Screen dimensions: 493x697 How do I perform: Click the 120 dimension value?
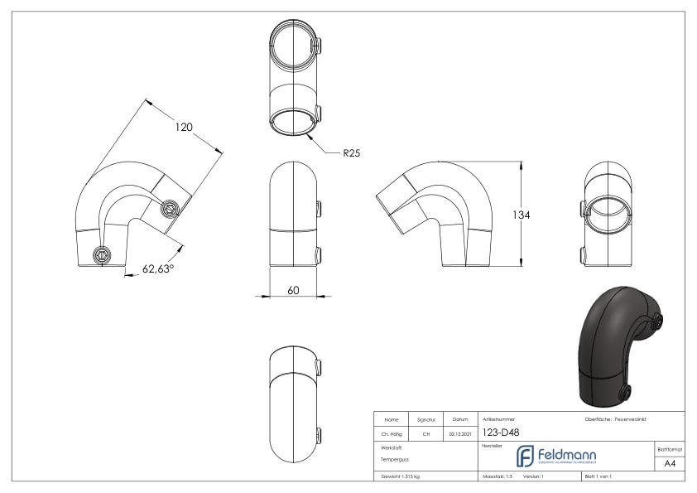[x=183, y=127]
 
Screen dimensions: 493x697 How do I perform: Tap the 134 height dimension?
[x=521, y=214]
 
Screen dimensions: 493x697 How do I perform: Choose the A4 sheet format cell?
[x=673, y=465]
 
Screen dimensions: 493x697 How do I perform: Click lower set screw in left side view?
[x=102, y=255]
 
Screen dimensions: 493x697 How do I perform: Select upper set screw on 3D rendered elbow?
[x=660, y=321]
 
